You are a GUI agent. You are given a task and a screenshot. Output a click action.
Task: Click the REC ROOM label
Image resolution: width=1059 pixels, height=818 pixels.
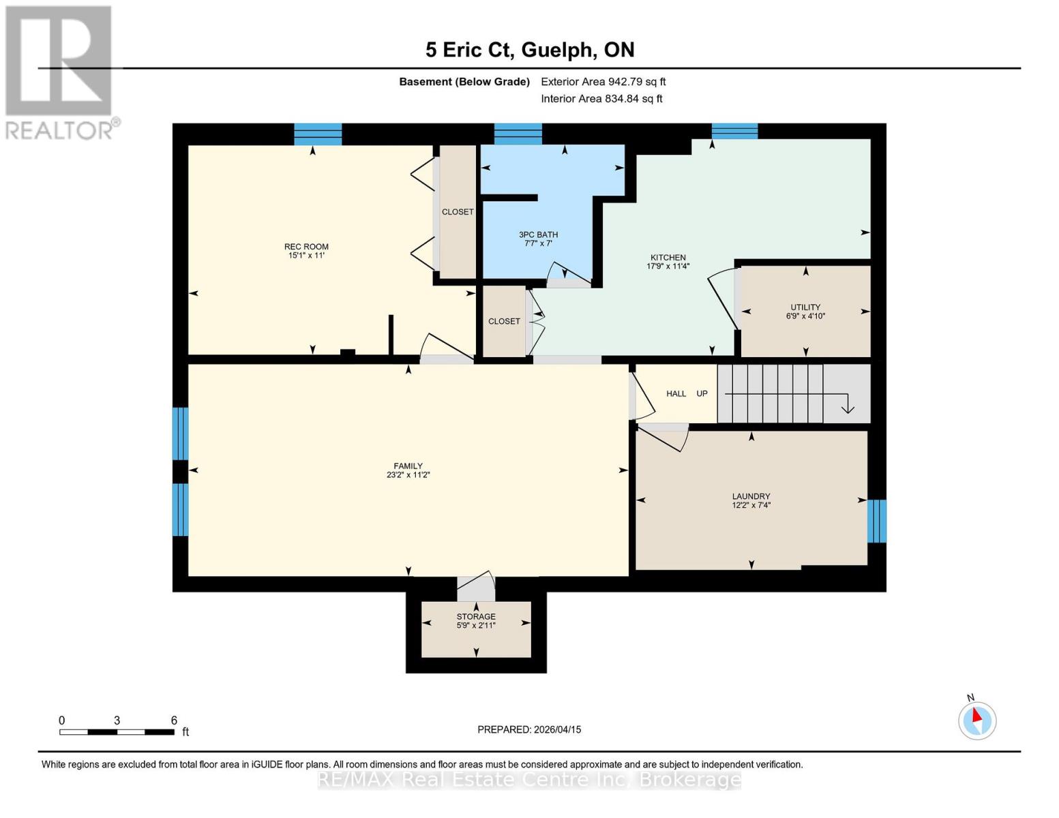pyautogui.click(x=306, y=247)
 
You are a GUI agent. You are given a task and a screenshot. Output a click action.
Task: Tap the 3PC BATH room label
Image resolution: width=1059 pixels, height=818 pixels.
pyautogui.click(x=538, y=234)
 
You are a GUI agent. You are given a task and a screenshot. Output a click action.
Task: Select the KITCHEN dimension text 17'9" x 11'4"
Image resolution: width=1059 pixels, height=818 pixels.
pyautogui.click(x=668, y=267)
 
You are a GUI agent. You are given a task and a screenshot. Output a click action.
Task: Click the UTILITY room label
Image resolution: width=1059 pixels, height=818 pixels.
pyautogui.click(x=805, y=307)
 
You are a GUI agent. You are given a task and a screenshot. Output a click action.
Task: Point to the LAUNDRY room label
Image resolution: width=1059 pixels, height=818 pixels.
pyautogui.click(x=751, y=496)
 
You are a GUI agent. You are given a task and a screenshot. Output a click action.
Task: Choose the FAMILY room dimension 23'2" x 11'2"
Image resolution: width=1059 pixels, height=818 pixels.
pyautogui.click(x=408, y=475)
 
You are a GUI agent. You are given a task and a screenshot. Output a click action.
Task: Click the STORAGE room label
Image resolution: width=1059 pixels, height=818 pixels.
pyautogui.click(x=476, y=616)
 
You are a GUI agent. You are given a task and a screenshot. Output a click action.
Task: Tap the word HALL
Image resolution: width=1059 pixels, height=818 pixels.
pyautogui.click(x=676, y=394)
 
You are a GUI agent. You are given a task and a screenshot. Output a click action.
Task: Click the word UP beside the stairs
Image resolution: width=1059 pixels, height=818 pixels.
pyautogui.click(x=702, y=394)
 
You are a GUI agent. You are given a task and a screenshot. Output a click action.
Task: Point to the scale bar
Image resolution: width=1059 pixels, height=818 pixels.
pyautogui.click(x=117, y=732)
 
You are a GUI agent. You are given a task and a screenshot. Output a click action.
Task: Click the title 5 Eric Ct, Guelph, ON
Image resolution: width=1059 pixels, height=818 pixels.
pyautogui.click(x=530, y=50)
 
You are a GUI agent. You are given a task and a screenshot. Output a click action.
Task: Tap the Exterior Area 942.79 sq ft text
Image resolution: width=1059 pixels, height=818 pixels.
pyautogui.click(x=603, y=82)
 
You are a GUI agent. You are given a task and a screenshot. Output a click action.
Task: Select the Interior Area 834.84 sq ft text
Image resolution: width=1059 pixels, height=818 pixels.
pyautogui.click(x=601, y=99)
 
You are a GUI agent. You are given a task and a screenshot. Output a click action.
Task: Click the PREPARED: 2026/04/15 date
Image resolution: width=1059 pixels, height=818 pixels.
pyautogui.click(x=529, y=729)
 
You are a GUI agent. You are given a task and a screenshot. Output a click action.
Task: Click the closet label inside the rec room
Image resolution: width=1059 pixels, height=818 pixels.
pyautogui.click(x=458, y=212)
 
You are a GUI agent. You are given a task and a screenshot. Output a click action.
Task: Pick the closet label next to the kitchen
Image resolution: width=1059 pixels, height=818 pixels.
pyautogui.click(x=504, y=321)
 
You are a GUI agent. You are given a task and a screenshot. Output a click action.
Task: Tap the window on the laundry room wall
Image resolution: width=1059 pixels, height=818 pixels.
pyautogui.click(x=876, y=521)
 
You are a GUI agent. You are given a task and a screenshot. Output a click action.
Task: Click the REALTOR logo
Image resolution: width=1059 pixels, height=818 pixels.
pyautogui.click(x=60, y=72)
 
